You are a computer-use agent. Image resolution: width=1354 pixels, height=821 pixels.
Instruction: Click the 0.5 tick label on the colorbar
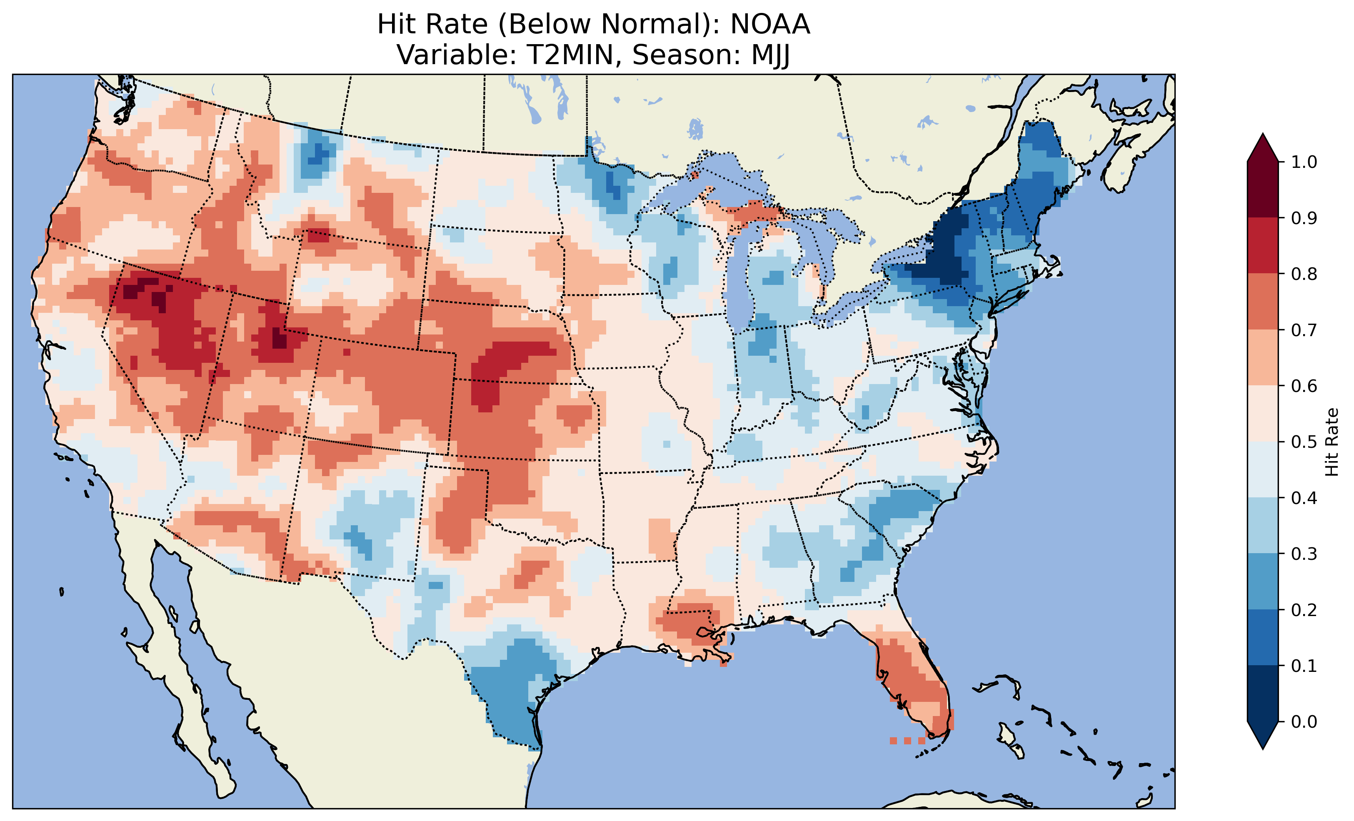pos(1304,442)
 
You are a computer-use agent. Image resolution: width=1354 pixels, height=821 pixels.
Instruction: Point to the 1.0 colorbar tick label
pos(1304,162)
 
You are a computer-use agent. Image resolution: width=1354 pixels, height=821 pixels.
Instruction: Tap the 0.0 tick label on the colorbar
pos(1304,721)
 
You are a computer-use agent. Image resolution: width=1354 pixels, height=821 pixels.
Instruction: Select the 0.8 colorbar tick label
pos(1304,274)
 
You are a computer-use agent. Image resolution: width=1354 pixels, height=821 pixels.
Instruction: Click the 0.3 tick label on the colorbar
pos(1304,554)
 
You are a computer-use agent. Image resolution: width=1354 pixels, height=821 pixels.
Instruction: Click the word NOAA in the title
pos(770,25)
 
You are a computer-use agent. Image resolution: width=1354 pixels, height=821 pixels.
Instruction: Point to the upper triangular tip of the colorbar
pos(1263,143)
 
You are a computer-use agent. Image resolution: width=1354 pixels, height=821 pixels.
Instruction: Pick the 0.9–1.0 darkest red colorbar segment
pos(1263,190)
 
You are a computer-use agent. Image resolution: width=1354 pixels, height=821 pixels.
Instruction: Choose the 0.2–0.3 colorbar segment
pos(1263,582)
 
